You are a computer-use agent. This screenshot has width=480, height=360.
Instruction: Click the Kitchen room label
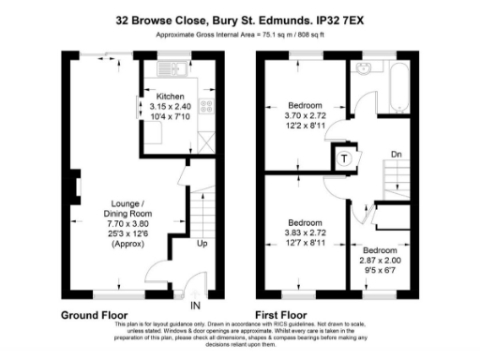170,97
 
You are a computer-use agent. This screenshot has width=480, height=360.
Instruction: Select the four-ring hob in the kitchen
207,104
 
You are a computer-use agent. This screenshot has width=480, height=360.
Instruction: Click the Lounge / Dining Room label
129,209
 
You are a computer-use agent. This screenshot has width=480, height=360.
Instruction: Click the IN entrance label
195,306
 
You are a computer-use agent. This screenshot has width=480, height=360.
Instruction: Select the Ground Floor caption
97,314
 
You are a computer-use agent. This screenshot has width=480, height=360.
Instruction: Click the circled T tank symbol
346,158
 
